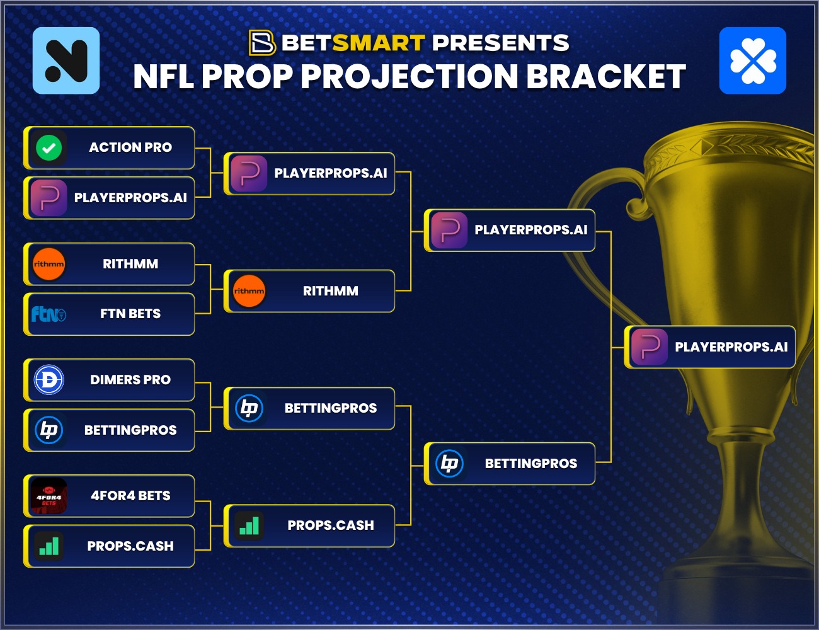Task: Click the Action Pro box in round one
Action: (110, 147)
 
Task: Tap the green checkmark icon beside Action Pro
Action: (49, 148)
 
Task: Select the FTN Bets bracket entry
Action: (110, 314)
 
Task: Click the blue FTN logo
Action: (49, 313)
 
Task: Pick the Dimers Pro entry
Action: (110, 380)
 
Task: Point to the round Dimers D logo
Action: (49, 380)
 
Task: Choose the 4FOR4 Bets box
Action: (110, 496)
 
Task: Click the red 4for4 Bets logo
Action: (49, 496)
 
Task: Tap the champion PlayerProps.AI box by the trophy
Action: (710, 347)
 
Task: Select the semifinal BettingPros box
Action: (510, 464)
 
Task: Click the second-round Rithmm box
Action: (310, 291)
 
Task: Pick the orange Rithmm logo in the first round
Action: (49, 264)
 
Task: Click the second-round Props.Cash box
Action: (310, 525)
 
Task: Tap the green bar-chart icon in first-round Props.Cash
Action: (49, 546)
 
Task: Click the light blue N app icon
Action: (66, 60)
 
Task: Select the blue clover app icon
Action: (752, 60)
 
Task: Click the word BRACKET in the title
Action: (605, 77)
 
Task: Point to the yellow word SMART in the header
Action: (379, 43)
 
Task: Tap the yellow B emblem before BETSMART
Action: (262, 43)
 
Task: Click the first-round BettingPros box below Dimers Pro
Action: (110, 430)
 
